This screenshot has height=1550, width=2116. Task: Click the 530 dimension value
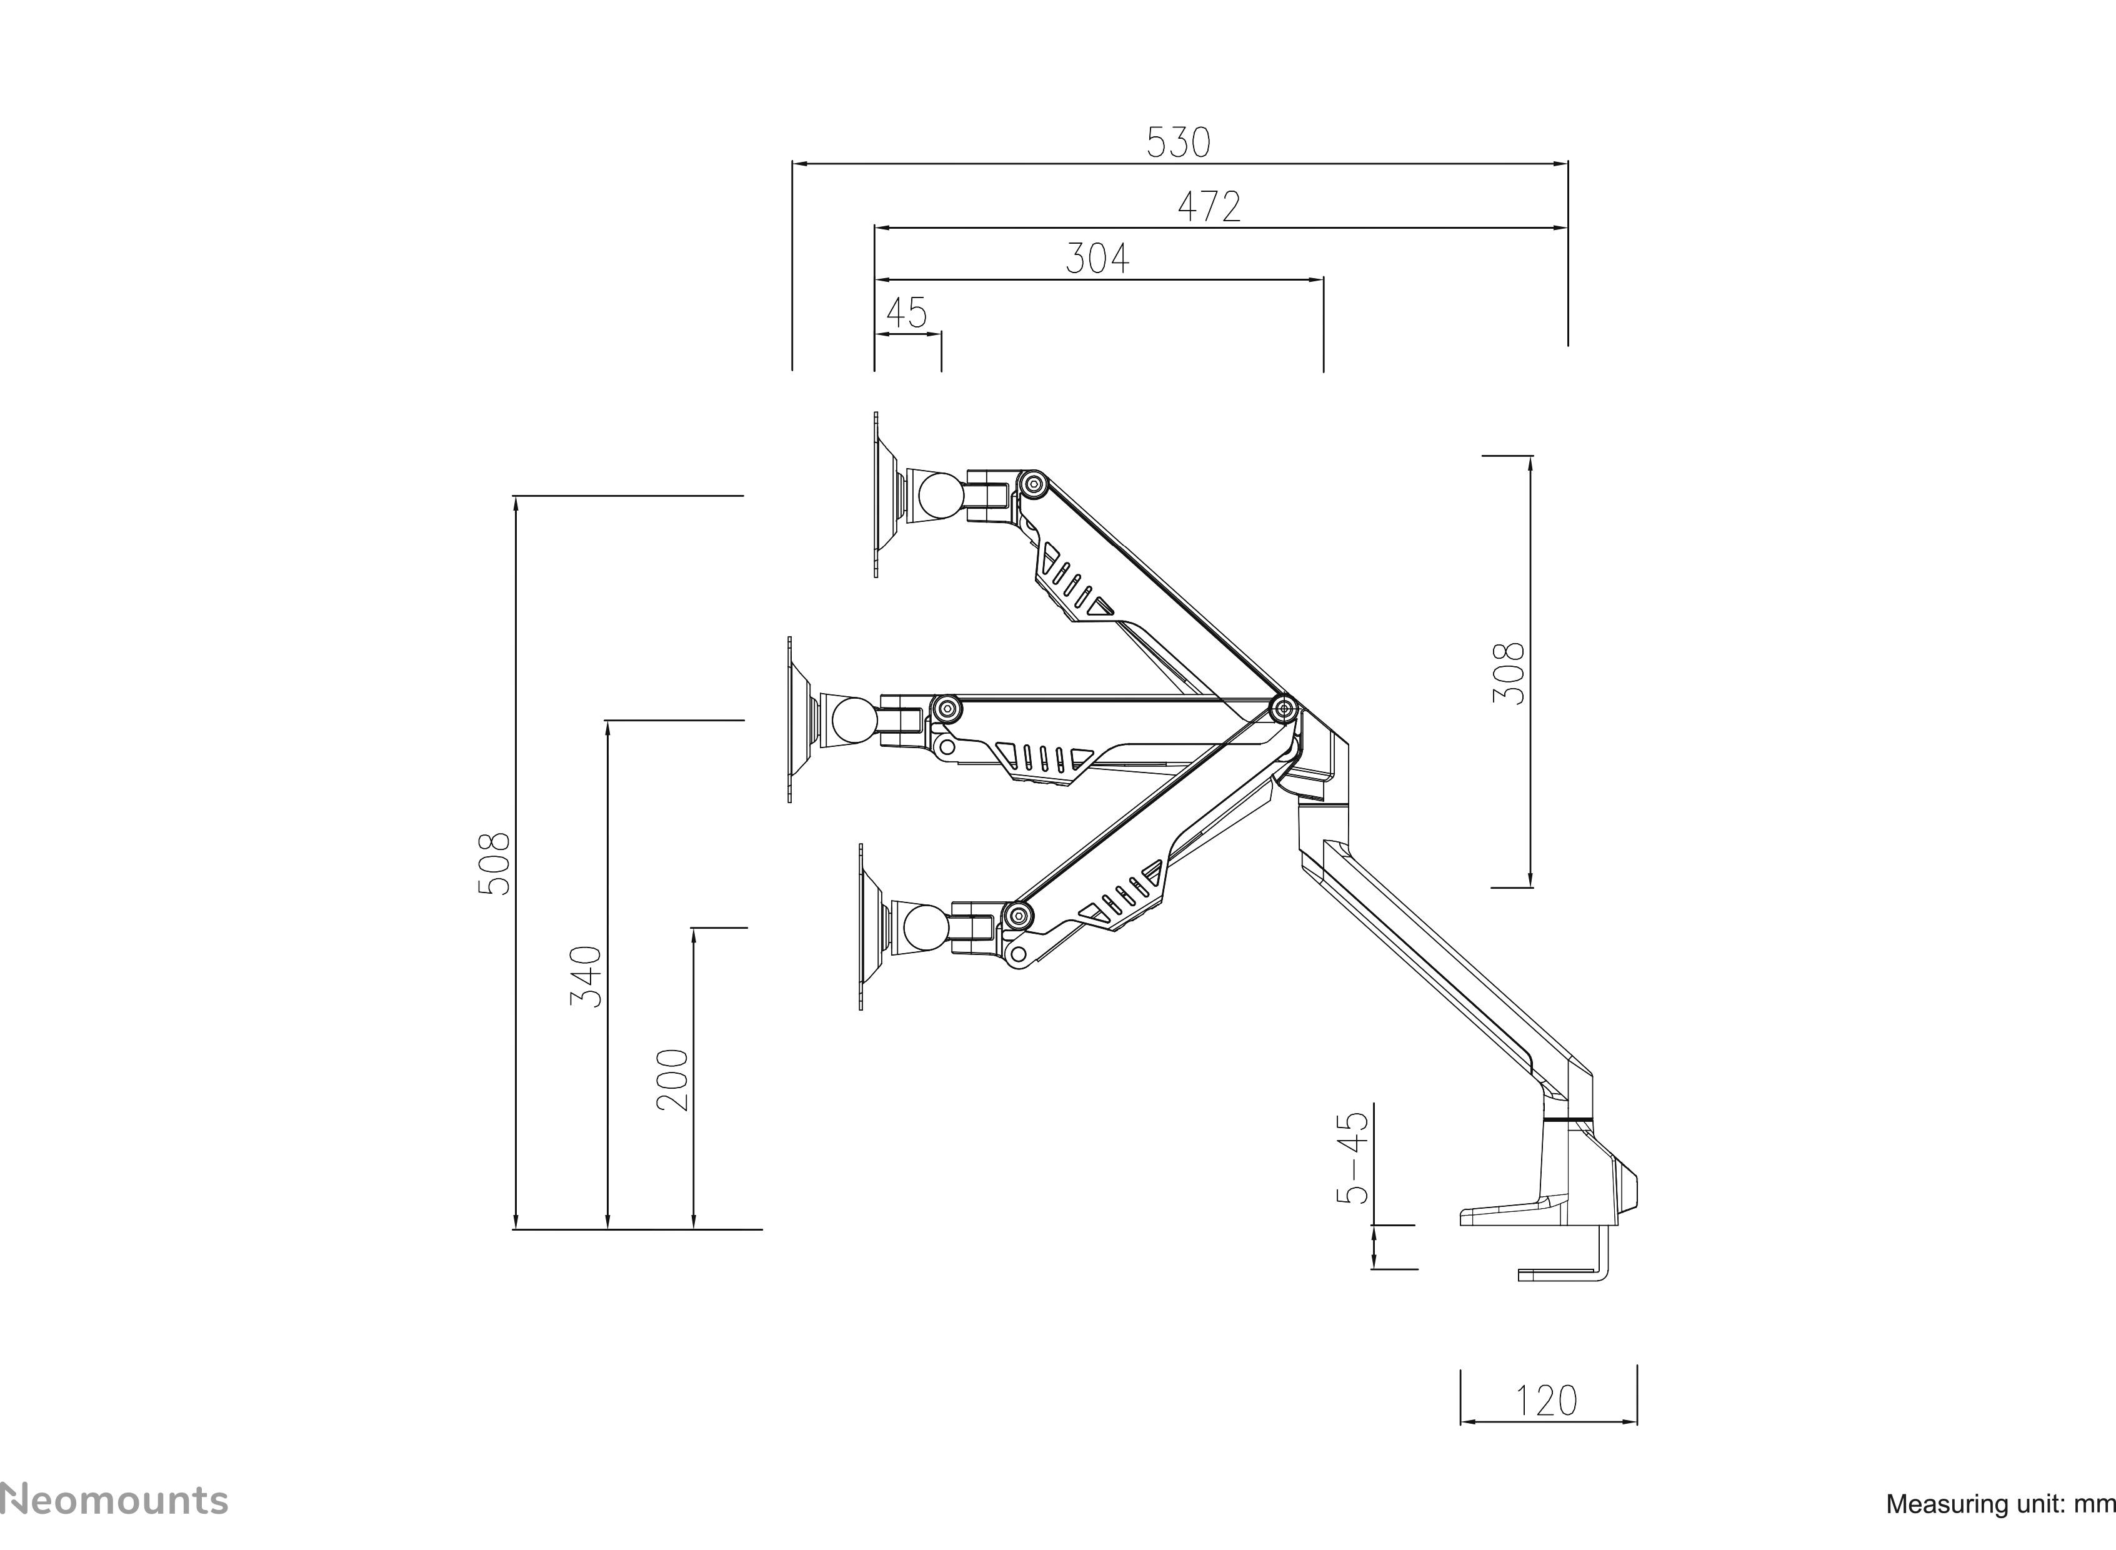(x=1178, y=142)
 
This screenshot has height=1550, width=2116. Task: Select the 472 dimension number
(x=1209, y=206)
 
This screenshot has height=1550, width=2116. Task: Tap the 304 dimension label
(x=1097, y=258)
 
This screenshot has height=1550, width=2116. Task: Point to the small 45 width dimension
(x=906, y=312)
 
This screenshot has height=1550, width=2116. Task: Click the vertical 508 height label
(x=494, y=862)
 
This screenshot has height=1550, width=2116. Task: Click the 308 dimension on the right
(x=1508, y=672)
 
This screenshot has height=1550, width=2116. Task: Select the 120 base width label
(x=1547, y=1401)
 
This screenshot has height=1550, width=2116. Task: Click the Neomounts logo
(x=114, y=1500)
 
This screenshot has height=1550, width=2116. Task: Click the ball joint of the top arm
(x=940, y=496)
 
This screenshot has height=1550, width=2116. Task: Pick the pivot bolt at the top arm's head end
(x=1034, y=485)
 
